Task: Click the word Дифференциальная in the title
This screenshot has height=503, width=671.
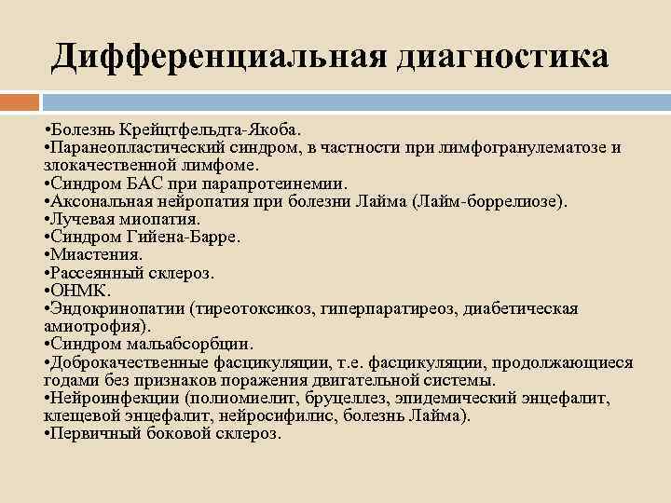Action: [x=218, y=56]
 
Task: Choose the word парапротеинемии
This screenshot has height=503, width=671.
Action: [x=283, y=184]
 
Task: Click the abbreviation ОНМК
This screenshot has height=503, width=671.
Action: [x=80, y=291]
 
